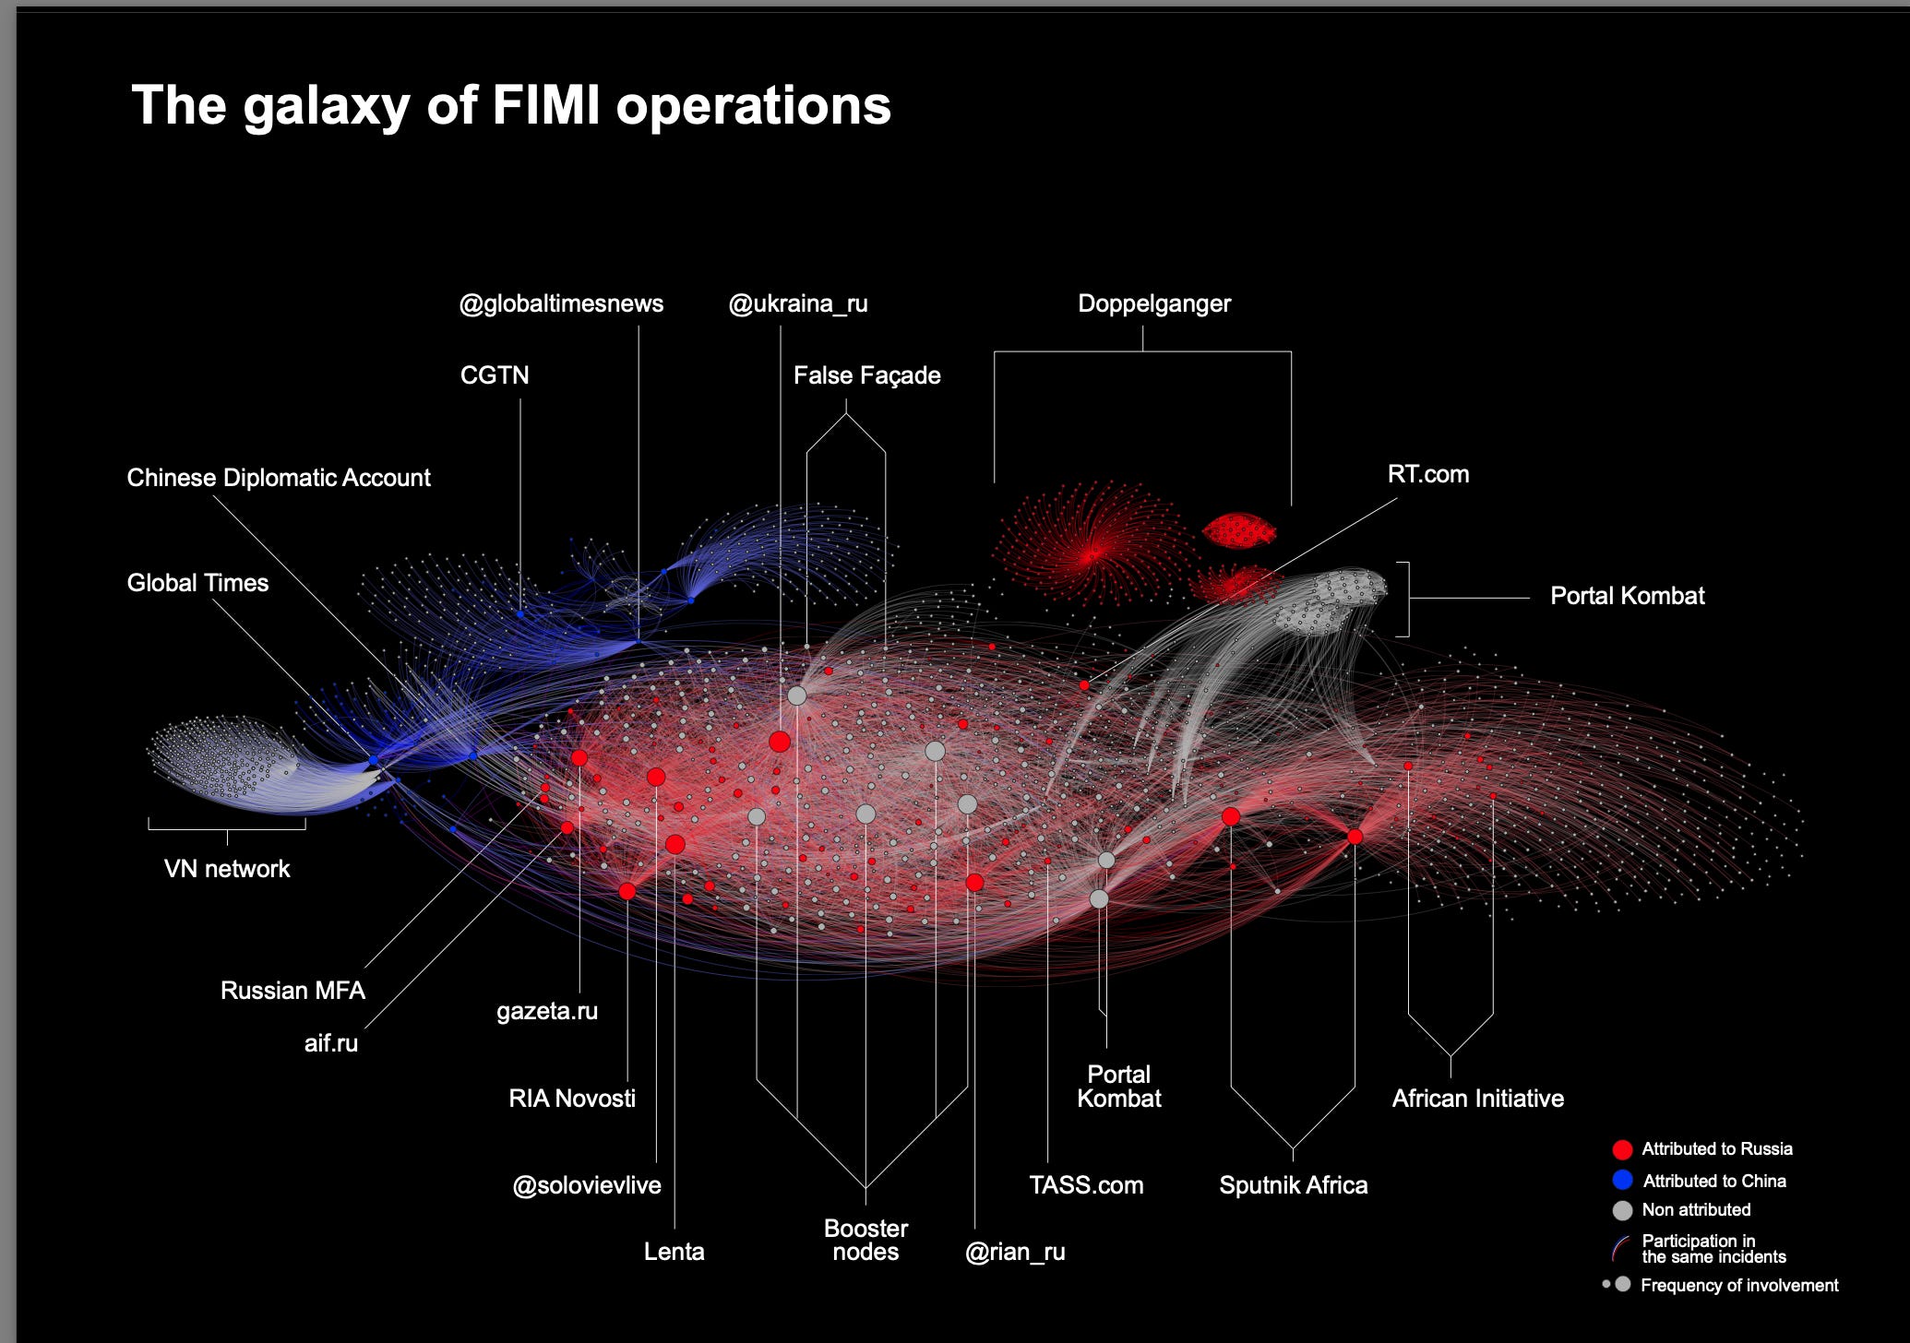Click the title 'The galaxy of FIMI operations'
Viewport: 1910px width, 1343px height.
[x=511, y=105]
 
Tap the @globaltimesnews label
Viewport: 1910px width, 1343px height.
[x=561, y=303]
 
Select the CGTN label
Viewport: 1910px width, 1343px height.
[x=495, y=375]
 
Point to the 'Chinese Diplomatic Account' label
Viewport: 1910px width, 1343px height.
[x=279, y=478]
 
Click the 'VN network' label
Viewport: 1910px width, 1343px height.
[x=227, y=869]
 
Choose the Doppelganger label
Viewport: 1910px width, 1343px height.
[x=1154, y=303]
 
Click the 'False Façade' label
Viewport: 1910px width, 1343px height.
[x=866, y=375]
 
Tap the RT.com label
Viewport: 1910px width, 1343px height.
[x=1427, y=474]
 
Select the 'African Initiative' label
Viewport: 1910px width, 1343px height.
[x=1477, y=1099]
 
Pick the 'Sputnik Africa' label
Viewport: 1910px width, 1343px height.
[x=1293, y=1185]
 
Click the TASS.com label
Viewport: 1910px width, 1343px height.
[x=1086, y=1185]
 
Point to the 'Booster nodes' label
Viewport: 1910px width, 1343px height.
[x=865, y=1241]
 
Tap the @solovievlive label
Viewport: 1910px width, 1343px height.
[x=587, y=1185]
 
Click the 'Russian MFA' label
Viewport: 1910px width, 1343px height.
[x=292, y=991]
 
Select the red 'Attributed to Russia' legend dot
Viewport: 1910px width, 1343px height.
[x=1622, y=1149]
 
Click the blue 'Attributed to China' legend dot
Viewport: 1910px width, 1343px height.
[x=1622, y=1181]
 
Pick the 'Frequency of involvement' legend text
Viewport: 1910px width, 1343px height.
[x=1739, y=1285]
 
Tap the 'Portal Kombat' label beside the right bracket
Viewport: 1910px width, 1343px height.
[x=1627, y=596]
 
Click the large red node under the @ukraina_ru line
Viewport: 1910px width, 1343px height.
[x=780, y=742]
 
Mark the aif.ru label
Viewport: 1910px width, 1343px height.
[x=331, y=1043]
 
